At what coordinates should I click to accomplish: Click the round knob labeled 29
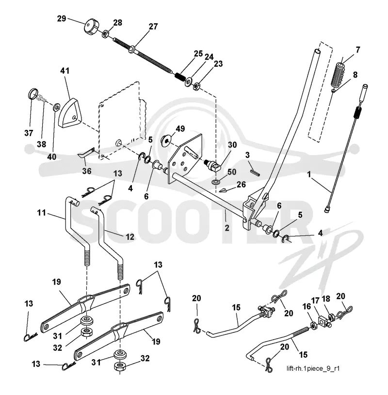(x=91, y=28)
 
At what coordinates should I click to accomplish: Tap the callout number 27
(x=153, y=27)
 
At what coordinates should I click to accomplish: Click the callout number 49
(x=180, y=129)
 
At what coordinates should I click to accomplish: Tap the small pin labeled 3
(x=255, y=173)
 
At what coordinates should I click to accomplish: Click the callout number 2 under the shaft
(x=226, y=228)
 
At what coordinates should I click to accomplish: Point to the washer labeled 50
(x=215, y=182)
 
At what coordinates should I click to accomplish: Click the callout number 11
(x=42, y=213)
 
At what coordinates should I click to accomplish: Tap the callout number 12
(x=130, y=237)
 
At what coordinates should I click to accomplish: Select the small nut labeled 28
(x=105, y=34)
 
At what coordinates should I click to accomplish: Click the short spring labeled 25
(x=179, y=76)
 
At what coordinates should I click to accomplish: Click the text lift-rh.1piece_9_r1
(x=313, y=368)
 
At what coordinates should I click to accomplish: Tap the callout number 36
(x=87, y=171)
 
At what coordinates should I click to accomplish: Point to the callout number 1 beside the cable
(x=309, y=174)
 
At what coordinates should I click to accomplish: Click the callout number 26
(x=241, y=185)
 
